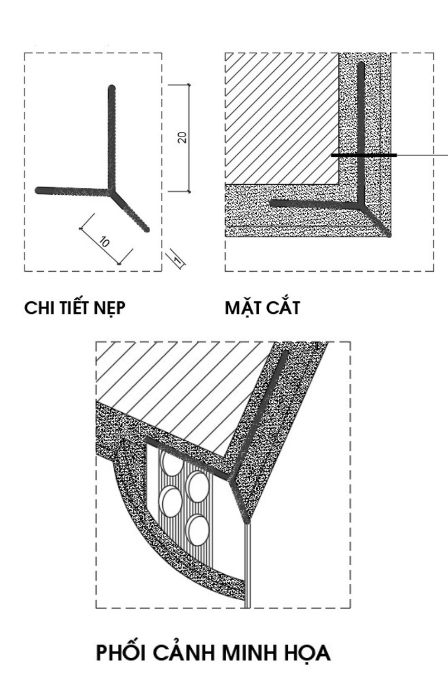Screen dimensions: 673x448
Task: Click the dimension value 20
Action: pyautogui.click(x=181, y=138)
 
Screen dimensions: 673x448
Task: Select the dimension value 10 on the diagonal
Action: pyautogui.click(x=104, y=242)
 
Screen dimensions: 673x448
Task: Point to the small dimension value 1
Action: pyautogui.click(x=178, y=259)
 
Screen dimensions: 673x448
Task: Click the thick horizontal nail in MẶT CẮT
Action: pyautogui.click(x=364, y=155)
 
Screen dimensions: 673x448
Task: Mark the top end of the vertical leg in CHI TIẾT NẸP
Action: pyautogui.click(x=111, y=89)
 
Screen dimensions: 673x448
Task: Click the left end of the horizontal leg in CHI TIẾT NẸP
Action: pyautogui.click(x=39, y=190)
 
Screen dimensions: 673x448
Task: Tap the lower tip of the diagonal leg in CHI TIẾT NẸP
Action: pyautogui.click(x=146, y=229)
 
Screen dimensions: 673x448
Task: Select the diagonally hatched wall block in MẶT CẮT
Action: pyautogui.click(x=279, y=116)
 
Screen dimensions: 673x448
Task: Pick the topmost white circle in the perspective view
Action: pyautogui.click(x=172, y=465)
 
